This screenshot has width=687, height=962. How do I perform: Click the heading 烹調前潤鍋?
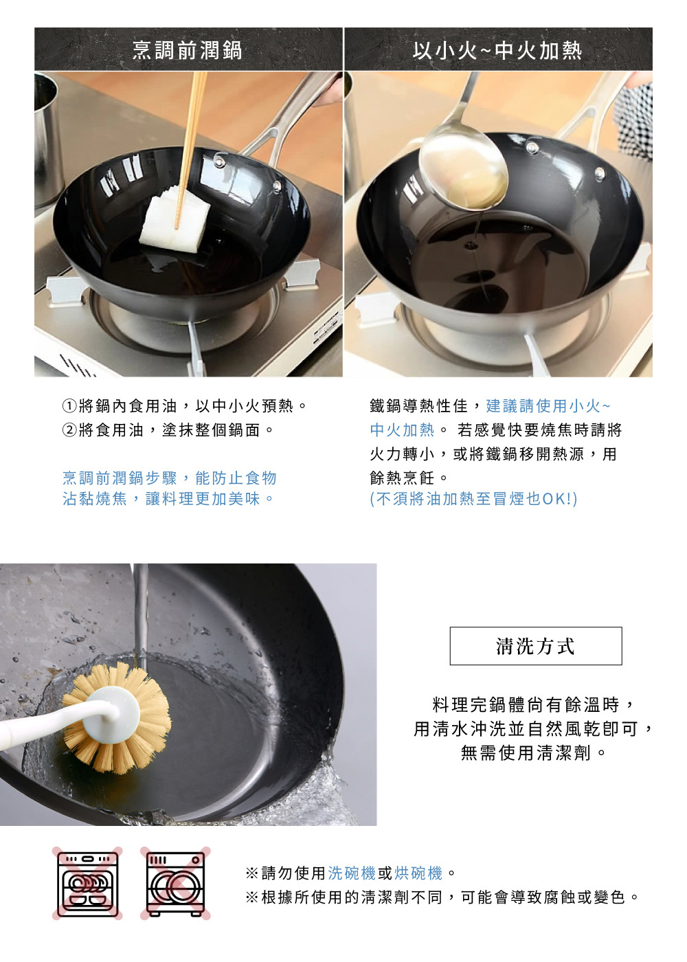click(187, 50)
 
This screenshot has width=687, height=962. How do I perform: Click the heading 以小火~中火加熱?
click(497, 50)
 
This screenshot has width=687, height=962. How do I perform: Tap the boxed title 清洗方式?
click(535, 646)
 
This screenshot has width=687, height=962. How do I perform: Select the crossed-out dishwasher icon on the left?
click(88, 884)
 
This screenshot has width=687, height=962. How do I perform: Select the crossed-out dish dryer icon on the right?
click(176, 884)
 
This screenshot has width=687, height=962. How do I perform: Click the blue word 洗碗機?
click(352, 873)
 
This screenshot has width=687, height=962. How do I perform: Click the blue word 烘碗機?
click(418, 873)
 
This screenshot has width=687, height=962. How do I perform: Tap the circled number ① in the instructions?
click(69, 406)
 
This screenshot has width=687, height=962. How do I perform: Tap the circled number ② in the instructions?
click(69, 430)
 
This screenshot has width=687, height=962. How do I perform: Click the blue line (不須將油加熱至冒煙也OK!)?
click(473, 499)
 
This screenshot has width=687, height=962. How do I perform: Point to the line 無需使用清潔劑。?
click(534, 753)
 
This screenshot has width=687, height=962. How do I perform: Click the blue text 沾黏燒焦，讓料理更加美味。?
click(169, 499)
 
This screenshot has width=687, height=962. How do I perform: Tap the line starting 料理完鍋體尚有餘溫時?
click(534, 704)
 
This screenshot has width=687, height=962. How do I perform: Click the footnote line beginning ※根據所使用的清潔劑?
click(443, 897)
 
